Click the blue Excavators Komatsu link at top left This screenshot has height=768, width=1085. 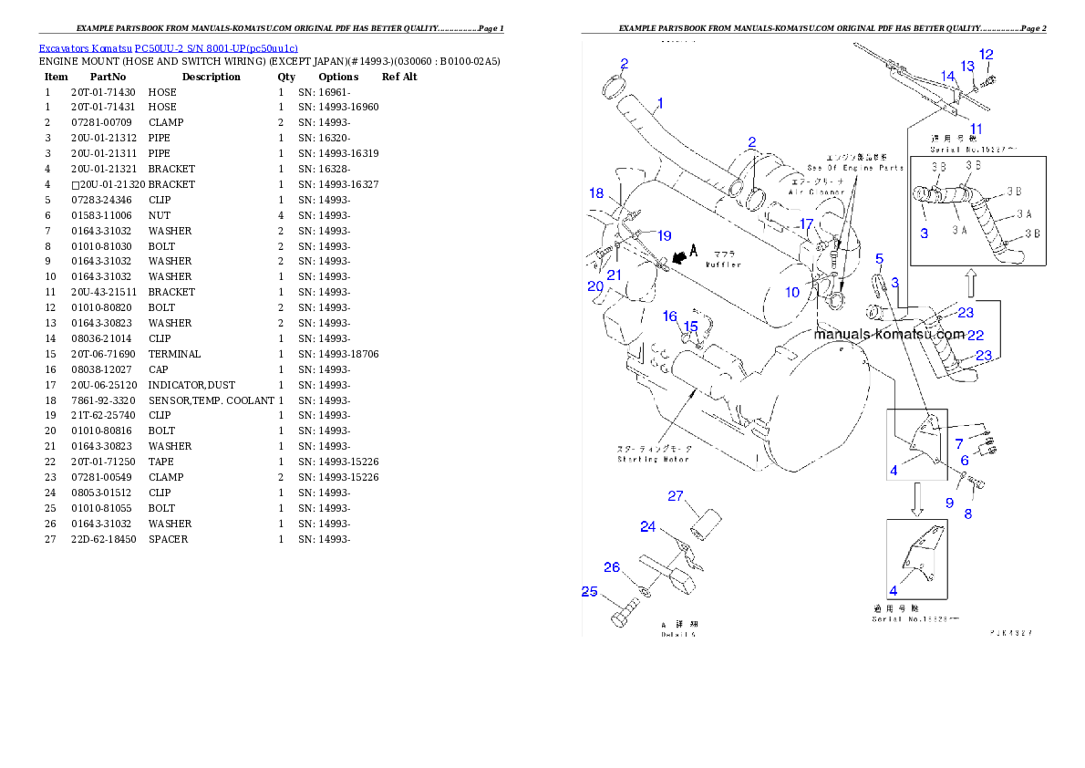point(168,48)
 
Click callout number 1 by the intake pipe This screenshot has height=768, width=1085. point(660,103)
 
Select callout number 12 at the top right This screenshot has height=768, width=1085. point(987,55)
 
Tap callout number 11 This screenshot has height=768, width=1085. point(976,129)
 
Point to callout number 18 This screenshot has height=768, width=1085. point(596,193)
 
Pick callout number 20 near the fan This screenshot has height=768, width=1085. point(595,286)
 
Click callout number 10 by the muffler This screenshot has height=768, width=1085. point(792,292)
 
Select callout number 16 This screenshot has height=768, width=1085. point(670,317)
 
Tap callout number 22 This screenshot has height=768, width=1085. point(975,336)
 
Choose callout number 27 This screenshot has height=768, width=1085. point(676,496)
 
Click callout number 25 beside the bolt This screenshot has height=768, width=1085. point(590,592)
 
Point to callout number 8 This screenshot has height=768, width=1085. point(968,514)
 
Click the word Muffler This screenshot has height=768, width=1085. point(722,265)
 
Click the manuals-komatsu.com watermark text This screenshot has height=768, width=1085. point(889,334)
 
